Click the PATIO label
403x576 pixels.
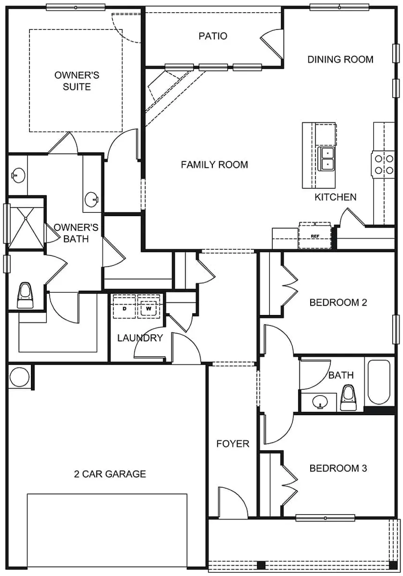213,36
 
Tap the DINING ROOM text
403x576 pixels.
340,60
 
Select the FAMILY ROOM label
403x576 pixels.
215,165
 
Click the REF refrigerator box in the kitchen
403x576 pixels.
315,236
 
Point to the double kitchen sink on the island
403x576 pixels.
327,158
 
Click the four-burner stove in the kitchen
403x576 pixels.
383,164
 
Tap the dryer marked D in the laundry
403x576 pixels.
125,308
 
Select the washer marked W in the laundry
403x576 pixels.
149,308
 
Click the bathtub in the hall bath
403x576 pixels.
379,382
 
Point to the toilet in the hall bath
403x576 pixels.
348,396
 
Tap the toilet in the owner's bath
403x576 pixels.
25,295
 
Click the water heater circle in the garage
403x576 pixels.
20,377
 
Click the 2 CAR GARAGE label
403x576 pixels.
110,474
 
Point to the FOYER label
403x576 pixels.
232,443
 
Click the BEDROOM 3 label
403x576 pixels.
338,468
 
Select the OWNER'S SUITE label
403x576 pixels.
77,81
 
